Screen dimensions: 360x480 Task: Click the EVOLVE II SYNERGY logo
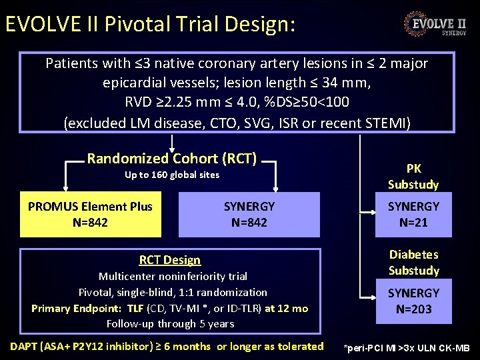tap(434, 25)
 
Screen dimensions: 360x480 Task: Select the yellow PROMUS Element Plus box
tap(91, 215)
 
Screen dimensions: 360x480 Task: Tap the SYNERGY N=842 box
tap(249, 215)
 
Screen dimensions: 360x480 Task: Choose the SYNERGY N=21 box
tap(413, 215)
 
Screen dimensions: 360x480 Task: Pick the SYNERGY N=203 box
tap(413, 301)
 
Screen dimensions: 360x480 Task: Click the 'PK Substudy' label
tap(413, 177)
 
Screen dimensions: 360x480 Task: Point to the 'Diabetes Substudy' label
tap(413, 263)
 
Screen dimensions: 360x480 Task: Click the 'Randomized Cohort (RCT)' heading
tap(172, 159)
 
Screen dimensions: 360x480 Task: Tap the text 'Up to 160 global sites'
tap(172, 175)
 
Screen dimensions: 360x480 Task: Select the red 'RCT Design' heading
tap(170, 260)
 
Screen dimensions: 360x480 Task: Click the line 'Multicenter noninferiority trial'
tap(173, 276)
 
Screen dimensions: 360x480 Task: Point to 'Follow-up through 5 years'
tap(171, 324)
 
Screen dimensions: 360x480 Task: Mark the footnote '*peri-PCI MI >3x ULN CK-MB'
tap(407, 348)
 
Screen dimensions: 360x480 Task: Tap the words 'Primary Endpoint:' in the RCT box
tap(77, 308)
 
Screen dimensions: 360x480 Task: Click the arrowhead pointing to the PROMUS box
tap(65, 189)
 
